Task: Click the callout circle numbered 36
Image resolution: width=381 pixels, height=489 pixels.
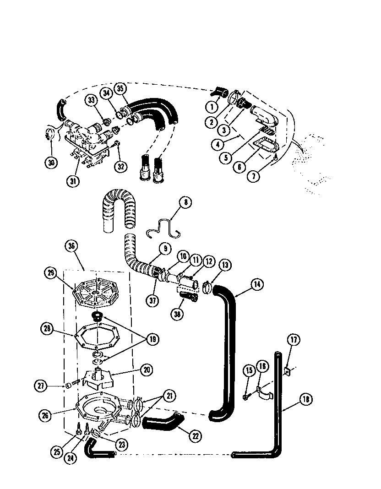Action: (71, 246)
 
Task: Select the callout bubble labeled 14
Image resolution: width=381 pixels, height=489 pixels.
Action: (256, 284)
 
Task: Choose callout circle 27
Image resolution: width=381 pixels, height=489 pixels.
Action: (42, 386)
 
